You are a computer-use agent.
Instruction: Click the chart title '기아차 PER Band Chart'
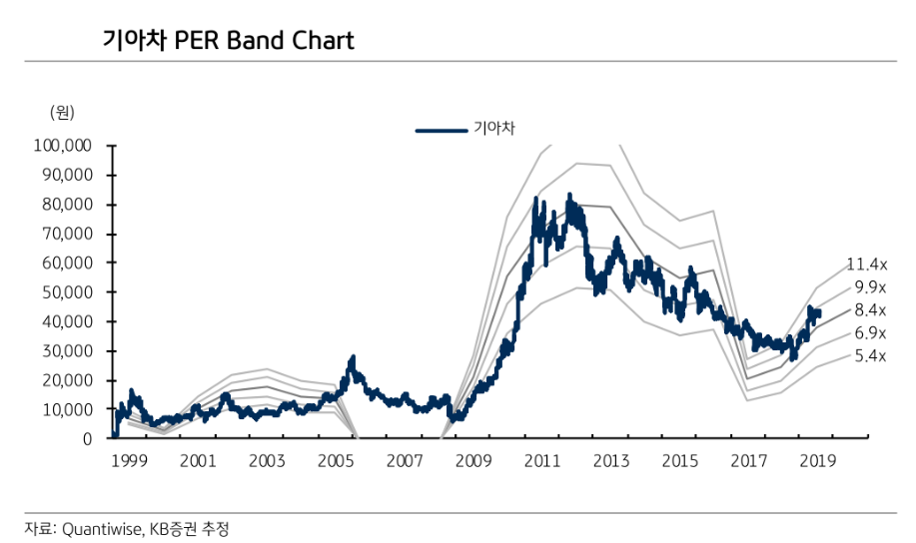pos(229,41)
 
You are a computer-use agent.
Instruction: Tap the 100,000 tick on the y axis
pos(63,146)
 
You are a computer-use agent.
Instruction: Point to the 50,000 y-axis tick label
pos(67,292)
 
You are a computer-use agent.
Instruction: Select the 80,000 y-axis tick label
pos(67,205)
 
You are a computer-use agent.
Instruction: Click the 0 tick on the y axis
pos(86,439)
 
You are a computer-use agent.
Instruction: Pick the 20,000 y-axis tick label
pos(67,380)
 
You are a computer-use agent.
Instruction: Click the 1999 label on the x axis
pos(129,461)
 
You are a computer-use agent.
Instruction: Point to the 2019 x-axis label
pos(818,461)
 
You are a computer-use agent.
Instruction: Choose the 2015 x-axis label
pos(680,461)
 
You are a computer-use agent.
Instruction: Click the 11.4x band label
pos(866,265)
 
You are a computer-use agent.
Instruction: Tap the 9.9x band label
pos(870,287)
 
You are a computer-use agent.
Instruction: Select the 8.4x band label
pos(870,310)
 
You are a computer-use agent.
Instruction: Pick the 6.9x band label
pos(870,333)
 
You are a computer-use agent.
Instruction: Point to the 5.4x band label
pos(870,356)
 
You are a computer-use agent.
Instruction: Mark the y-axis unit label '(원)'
pos(62,113)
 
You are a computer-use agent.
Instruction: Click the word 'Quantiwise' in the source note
pos(102,528)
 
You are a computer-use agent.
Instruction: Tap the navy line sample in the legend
pos(441,129)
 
